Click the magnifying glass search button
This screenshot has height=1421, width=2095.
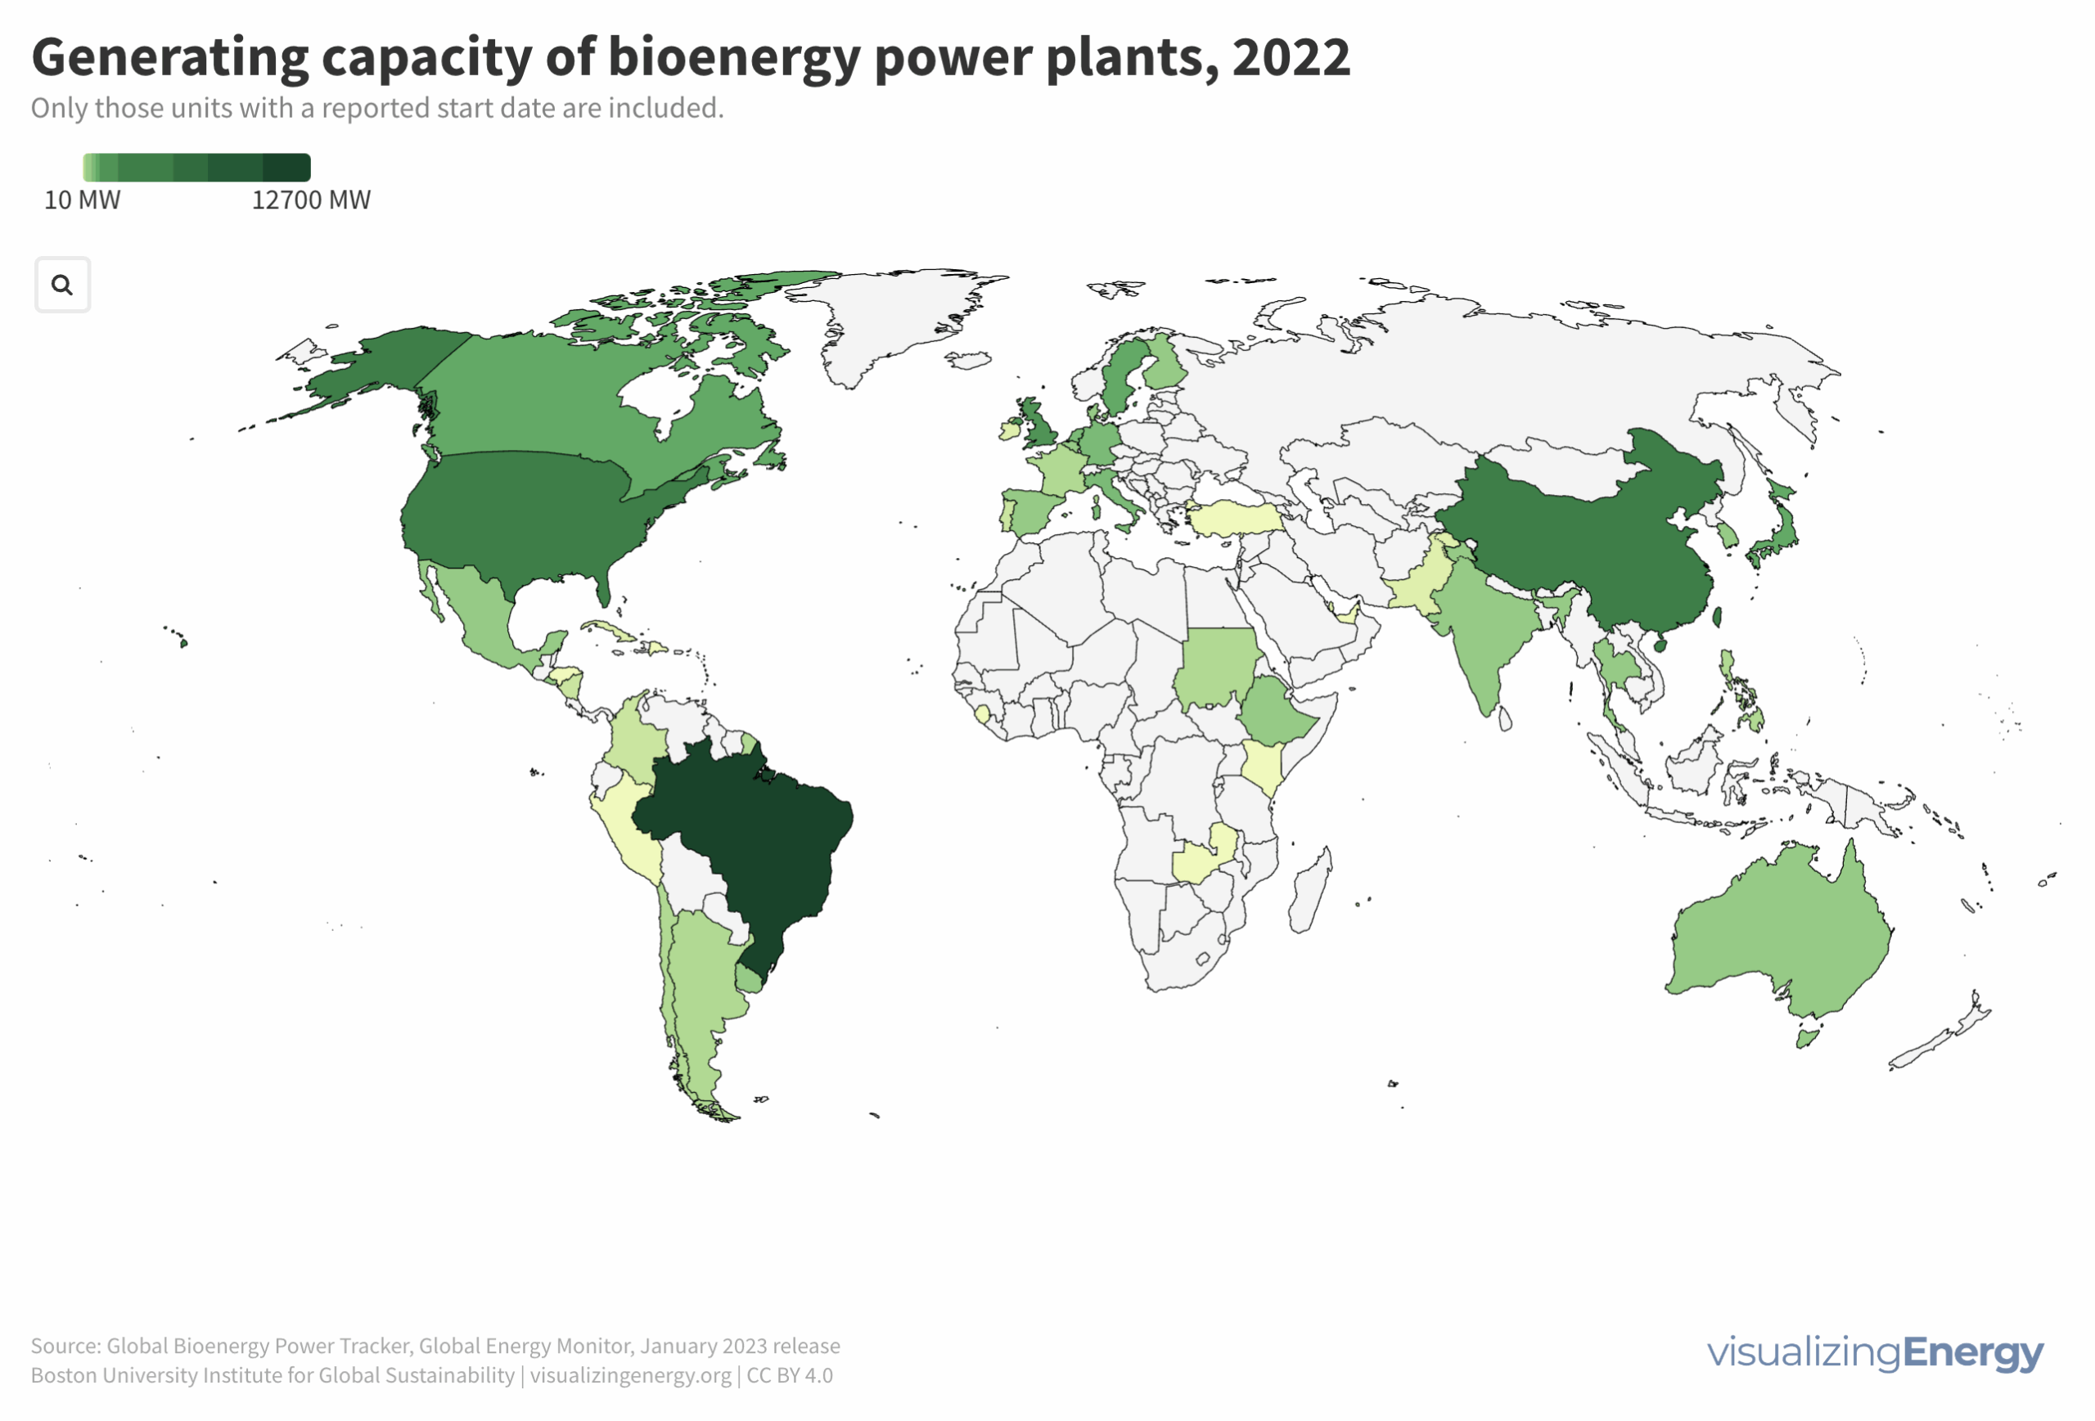62,285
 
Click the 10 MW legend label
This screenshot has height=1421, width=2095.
82,200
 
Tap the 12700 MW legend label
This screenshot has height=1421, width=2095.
311,200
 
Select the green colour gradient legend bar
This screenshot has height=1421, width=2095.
196,168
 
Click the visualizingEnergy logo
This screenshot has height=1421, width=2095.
1875,1352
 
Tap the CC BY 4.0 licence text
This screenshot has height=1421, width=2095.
790,1376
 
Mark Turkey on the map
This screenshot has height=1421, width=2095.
1235,519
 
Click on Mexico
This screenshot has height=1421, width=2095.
478,613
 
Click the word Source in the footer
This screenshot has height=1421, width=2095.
65,1347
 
